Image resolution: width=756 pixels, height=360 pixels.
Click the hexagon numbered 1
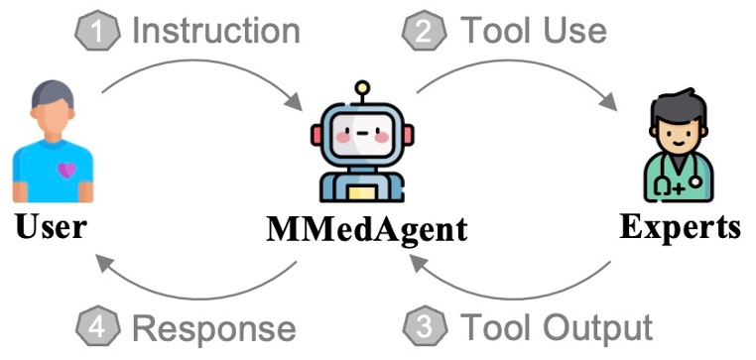pos(96,31)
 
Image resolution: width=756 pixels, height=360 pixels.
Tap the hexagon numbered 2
pos(424,31)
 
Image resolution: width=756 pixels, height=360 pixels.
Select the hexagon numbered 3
pos(424,326)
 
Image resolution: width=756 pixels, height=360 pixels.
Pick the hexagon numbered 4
pos(96,326)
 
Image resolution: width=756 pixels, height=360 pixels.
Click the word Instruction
pos(216,31)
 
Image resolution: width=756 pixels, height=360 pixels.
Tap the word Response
pos(214,326)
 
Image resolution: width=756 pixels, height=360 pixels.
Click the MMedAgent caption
pos(366,231)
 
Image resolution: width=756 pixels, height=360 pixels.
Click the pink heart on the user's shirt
pos(65,171)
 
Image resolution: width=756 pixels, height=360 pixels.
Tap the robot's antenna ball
pos(363,87)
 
